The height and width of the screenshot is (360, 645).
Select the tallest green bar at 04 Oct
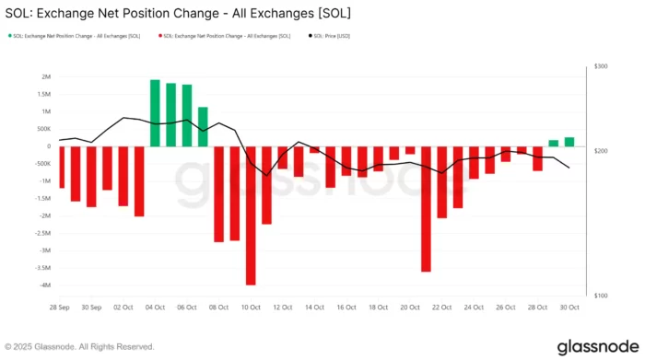click(x=155, y=112)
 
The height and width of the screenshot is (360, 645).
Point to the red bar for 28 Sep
click(x=61, y=167)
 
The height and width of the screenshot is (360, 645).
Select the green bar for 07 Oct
click(x=203, y=126)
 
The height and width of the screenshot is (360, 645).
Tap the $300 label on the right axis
click(x=601, y=67)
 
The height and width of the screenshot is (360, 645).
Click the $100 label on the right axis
click(x=601, y=296)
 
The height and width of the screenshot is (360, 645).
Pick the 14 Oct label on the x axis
click(x=314, y=307)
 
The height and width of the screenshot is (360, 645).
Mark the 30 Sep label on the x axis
click(x=91, y=307)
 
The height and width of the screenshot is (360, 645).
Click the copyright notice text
click(x=81, y=347)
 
